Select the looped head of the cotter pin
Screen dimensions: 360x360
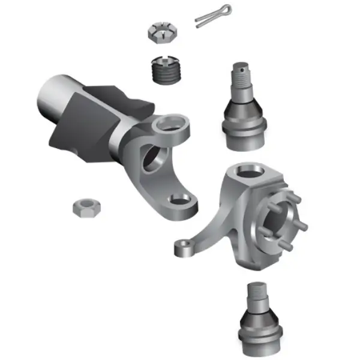[x=226, y=10]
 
